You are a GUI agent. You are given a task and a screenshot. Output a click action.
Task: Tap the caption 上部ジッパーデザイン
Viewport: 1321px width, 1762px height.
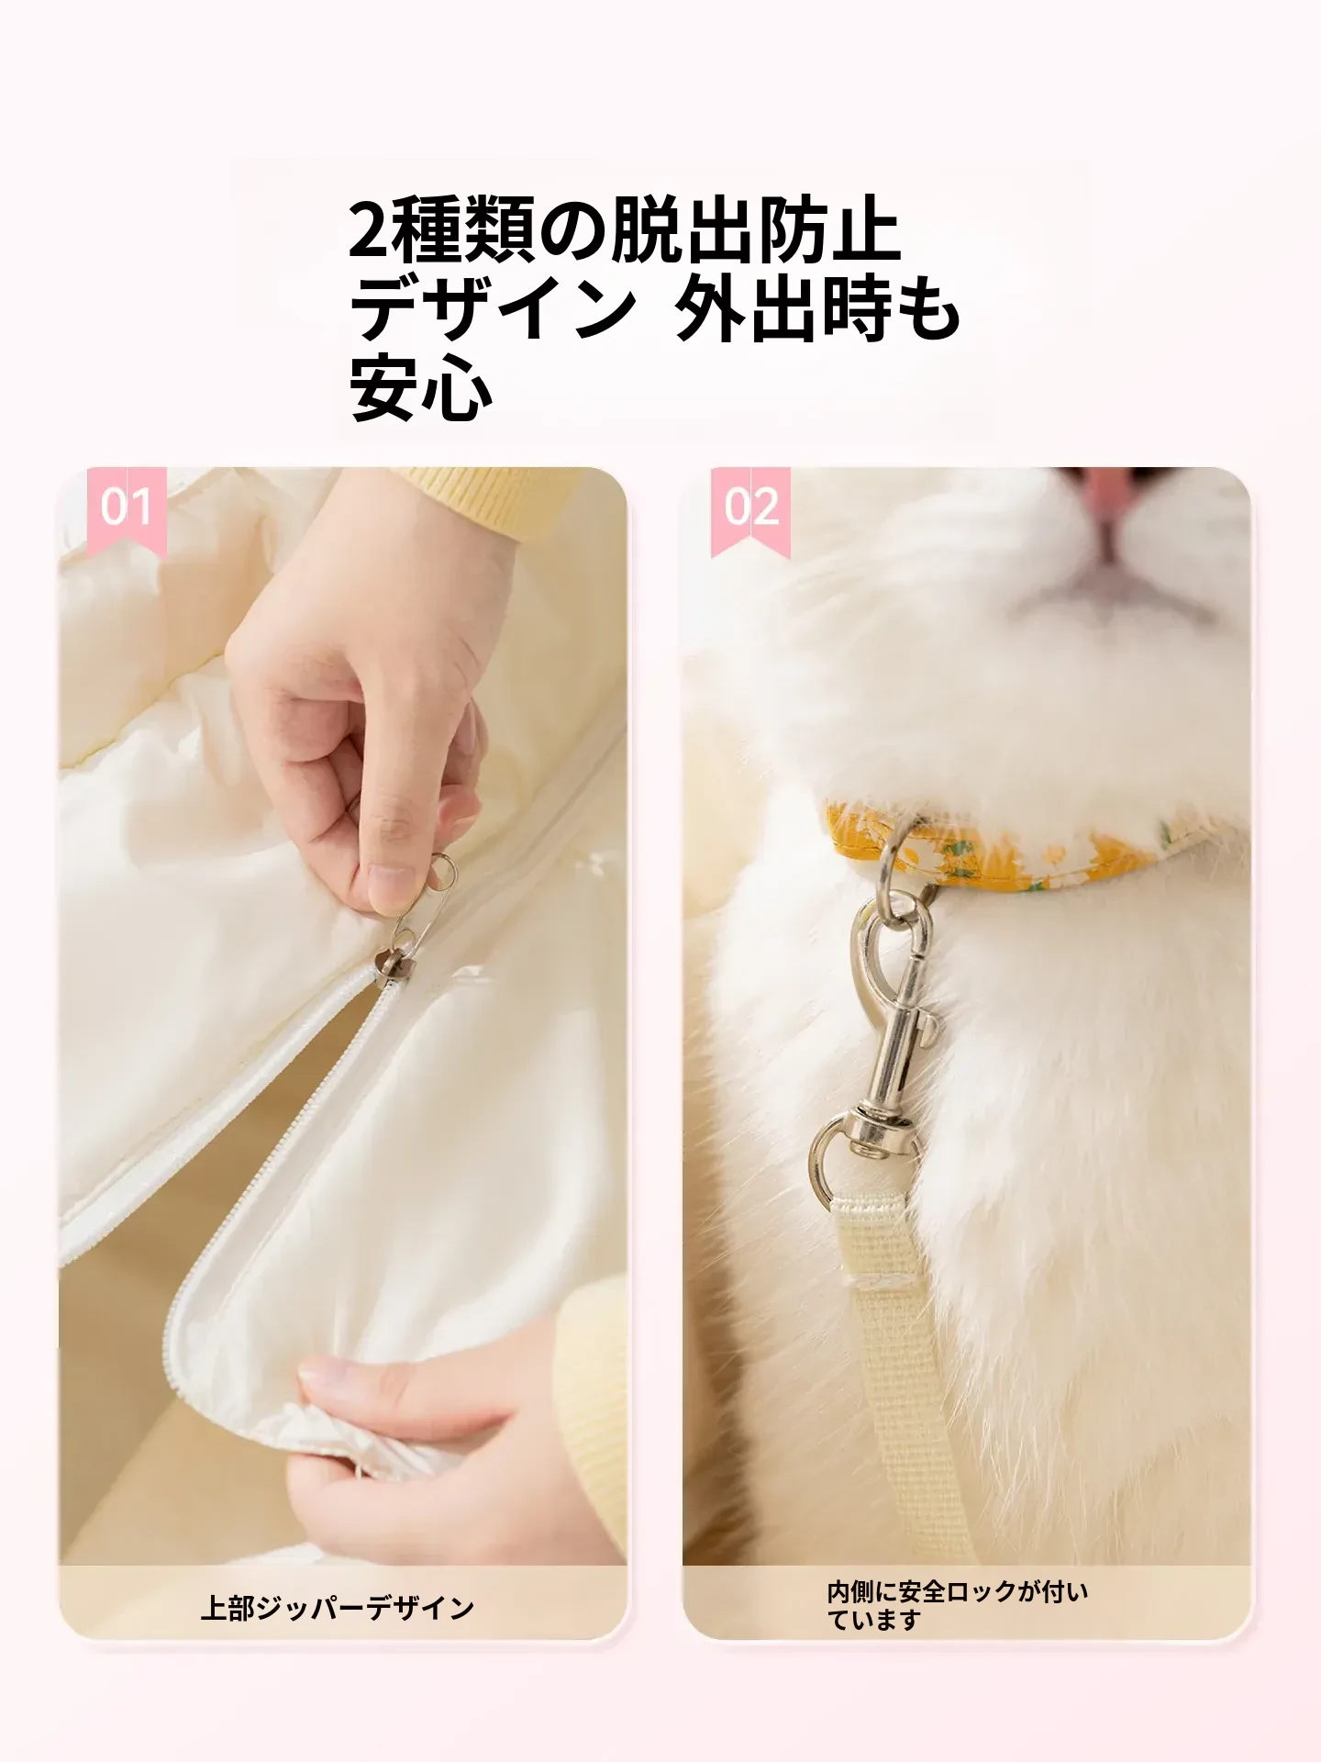click(338, 1607)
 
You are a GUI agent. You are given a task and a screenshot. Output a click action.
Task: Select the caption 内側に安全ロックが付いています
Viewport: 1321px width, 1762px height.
click(958, 1605)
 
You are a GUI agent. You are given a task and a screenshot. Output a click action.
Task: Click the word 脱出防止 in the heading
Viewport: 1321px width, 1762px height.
click(755, 231)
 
